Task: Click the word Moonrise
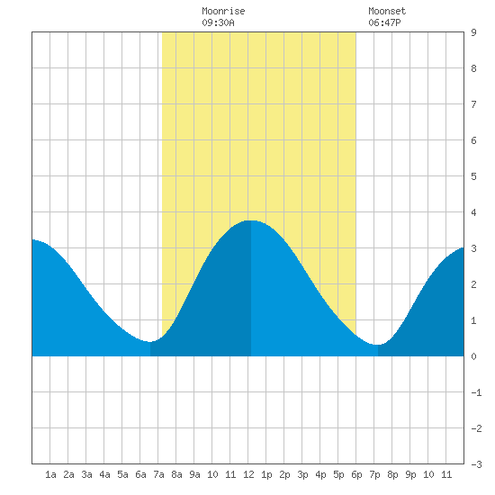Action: click(223, 11)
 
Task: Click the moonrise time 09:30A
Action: click(218, 22)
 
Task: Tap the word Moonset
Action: click(387, 11)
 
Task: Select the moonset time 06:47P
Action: click(384, 22)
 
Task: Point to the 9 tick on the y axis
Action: click(473, 32)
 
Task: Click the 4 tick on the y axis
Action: click(473, 212)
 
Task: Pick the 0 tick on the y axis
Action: click(473, 356)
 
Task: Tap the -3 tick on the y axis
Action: click(476, 464)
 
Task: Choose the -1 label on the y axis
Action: click(476, 392)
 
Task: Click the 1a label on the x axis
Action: click(50, 474)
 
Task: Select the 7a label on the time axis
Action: click(158, 474)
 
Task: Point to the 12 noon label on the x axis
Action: click(248, 474)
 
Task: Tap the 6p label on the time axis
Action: click(356, 474)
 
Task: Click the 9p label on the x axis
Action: click(410, 474)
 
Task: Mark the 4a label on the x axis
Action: click(104, 474)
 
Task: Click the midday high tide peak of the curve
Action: click(251, 220)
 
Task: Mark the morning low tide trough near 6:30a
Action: click(150, 342)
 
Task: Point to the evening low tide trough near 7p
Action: click(378, 345)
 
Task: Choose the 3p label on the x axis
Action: click(302, 474)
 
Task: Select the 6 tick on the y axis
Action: click(473, 140)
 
